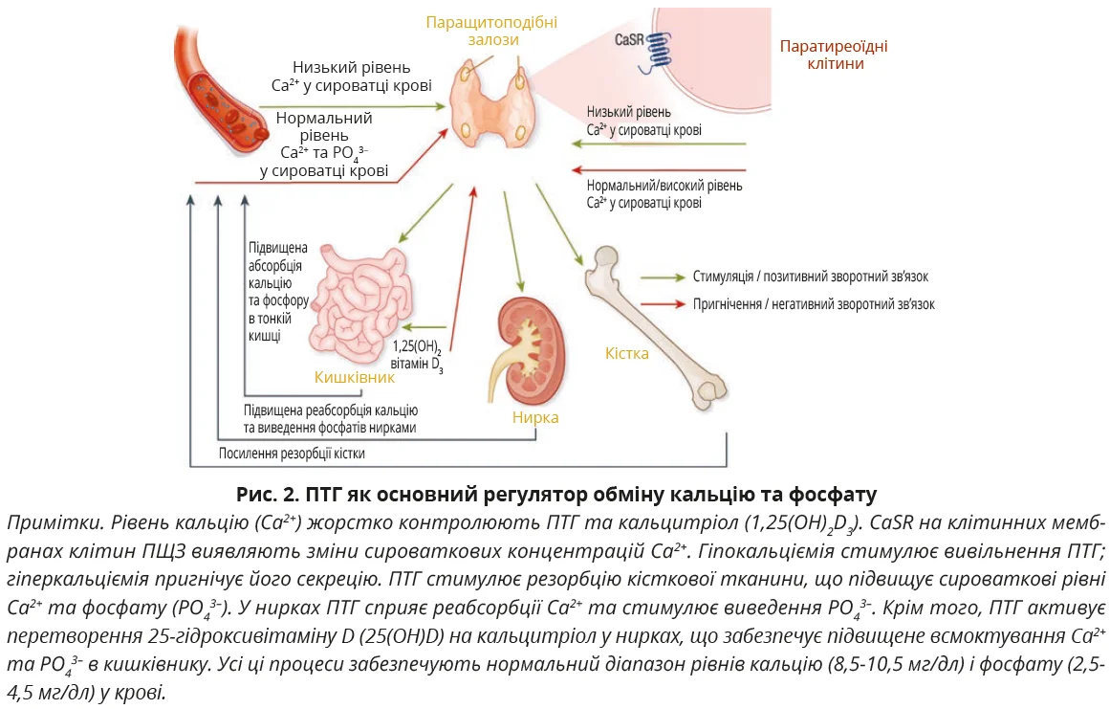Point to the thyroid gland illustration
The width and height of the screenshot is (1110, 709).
click(492, 105)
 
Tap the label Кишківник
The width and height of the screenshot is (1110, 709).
click(355, 378)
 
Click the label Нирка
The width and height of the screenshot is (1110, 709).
click(534, 417)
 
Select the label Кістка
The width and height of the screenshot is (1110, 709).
click(626, 353)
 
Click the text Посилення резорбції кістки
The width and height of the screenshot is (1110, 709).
click(292, 454)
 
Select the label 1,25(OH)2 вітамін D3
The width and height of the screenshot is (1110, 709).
click(419, 354)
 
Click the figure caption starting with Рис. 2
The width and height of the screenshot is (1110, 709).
click(555, 495)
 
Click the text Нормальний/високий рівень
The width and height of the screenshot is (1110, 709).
click(664, 186)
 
